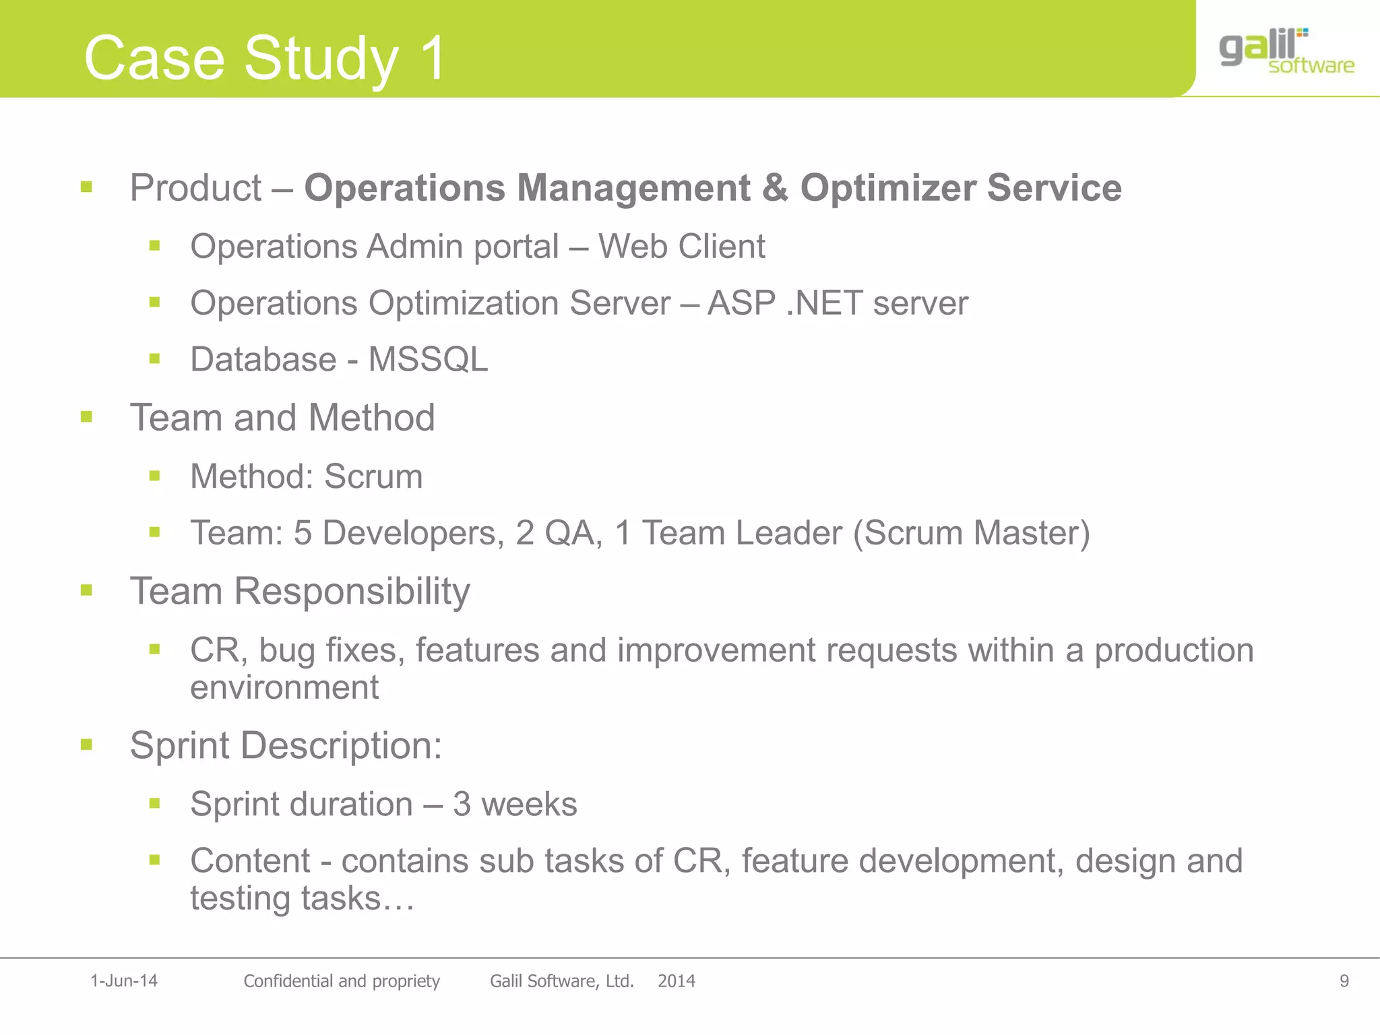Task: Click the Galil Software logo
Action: click(1286, 50)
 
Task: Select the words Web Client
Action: click(681, 247)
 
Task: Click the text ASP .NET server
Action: click(838, 303)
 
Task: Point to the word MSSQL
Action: click(428, 359)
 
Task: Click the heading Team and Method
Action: click(282, 418)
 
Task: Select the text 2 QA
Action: click(559, 533)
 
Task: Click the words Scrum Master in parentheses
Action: click(971, 533)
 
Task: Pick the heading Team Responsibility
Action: click(300, 592)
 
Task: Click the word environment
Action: click(284, 688)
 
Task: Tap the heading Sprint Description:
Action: click(286, 746)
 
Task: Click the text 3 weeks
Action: click(515, 805)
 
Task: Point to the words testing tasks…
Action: click(302, 899)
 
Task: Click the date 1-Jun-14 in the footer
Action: click(124, 981)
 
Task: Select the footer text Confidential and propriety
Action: click(342, 981)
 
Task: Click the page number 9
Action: click(1344, 981)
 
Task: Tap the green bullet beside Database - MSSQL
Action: click(155, 359)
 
